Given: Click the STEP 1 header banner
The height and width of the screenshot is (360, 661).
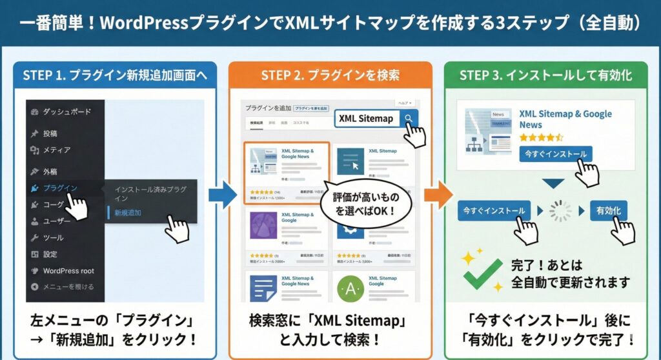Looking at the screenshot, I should (x=115, y=75).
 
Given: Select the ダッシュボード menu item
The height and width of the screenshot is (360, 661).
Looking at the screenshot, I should (x=66, y=112).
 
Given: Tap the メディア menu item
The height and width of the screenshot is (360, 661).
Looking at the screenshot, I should (x=56, y=150).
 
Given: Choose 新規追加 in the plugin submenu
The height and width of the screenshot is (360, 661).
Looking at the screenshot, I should (x=128, y=212).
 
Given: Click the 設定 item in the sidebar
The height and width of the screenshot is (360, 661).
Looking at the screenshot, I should (x=50, y=254).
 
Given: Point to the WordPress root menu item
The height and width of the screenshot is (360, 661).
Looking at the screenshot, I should (x=68, y=270).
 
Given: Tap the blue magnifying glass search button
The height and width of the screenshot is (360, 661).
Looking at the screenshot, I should (x=409, y=119).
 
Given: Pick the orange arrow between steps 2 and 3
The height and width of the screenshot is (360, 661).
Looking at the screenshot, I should (x=438, y=195).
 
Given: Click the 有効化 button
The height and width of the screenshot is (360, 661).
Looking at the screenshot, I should (x=607, y=210).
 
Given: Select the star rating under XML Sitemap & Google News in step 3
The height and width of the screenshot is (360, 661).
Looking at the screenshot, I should (x=541, y=137).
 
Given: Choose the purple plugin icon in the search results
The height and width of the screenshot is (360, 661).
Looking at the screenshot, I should (x=263, y=225).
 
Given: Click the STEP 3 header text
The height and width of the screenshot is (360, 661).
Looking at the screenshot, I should (x=545, y=75).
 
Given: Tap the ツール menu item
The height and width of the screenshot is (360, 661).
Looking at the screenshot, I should (x=53, y=237).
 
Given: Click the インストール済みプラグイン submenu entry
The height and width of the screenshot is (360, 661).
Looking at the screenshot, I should (x=150, y=194).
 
